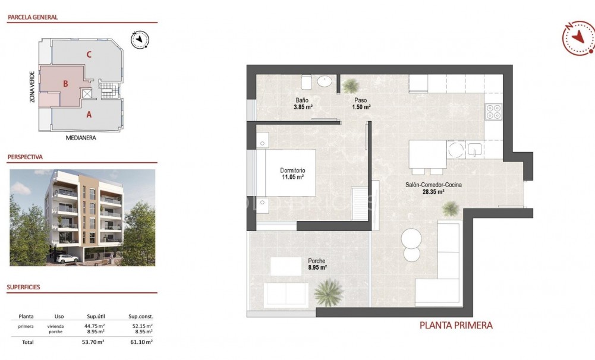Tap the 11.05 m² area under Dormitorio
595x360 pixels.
[292, 177]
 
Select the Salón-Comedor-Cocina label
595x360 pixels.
[433, 185]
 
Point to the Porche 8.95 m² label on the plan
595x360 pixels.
[316, 264]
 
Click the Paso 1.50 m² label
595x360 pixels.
[363, 104]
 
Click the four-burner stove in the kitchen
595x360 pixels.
[493, 112]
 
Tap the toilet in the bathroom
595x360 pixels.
[307, 81]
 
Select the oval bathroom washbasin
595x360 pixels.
[325, 82]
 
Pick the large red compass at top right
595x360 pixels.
[578, 38]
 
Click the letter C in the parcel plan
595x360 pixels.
[89, 55]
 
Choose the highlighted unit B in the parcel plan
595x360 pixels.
[65, 84]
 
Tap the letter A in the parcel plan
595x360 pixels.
[89, 115]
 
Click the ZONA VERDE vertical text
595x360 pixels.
[32, 87]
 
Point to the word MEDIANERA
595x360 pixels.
[81, 138]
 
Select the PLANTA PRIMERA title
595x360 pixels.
[456, 326]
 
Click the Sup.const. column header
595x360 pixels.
[140, 317]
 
